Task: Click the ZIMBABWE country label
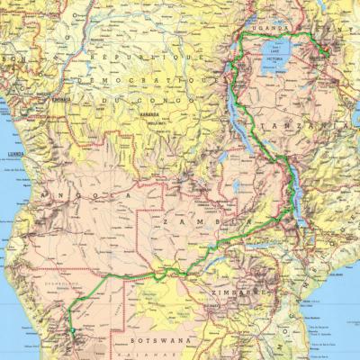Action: (x=236, y=293)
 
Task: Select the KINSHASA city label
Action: (x=61, y=99)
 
